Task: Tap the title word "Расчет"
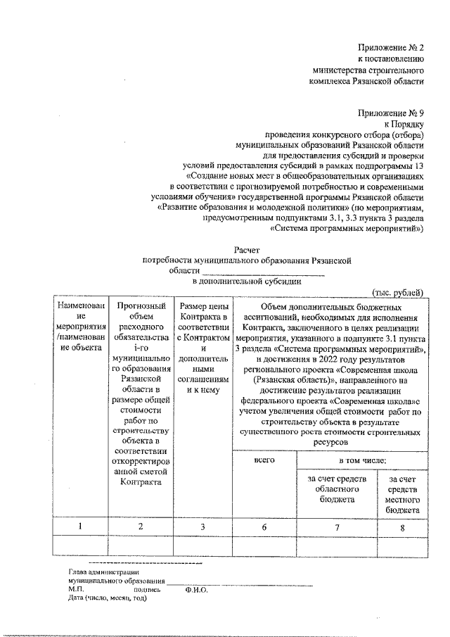(246, 249)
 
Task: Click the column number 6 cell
(265, 526)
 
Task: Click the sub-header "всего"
(265, 460)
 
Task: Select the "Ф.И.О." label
(197, 590)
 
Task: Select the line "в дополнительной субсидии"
(247, 280)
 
